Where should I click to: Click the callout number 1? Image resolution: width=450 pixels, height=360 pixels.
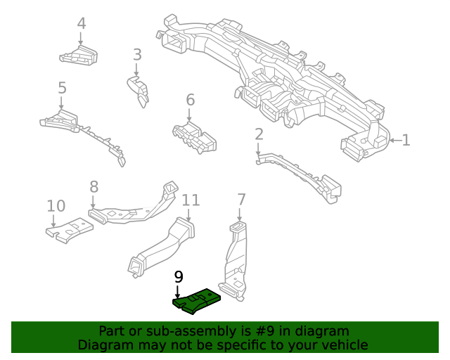coord(406,141)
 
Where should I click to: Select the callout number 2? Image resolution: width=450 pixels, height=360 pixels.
coord(259,134)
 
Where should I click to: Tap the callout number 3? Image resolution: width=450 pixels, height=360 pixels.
coord(137,54)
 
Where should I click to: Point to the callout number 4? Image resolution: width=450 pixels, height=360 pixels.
coord(82,23)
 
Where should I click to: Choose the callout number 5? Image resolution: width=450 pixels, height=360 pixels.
coord(62,88)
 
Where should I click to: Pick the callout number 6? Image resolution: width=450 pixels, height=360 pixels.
coord(190,100)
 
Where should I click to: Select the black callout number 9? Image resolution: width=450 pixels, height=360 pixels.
coord(178,276)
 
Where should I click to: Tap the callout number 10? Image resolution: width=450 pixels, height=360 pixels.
coord(56,206)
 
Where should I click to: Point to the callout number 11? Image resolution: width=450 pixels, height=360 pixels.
coord(191,200)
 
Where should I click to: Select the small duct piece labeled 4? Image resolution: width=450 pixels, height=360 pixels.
coord(79,54)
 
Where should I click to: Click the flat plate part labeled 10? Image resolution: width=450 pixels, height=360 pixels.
coord(70,230)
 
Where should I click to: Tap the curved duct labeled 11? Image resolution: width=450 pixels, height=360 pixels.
coord(162,247)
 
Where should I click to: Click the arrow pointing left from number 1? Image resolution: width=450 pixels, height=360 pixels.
coord(394,141)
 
